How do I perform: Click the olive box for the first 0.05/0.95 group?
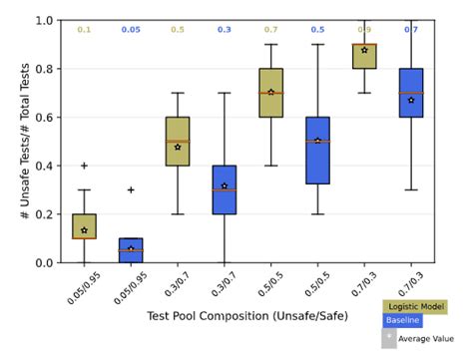pyautogui.click(x=84, y=226)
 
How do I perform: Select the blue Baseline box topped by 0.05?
pyautogui.click(x=131, y=249)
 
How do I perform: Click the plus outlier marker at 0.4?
pyautogui.click(x=84, y=166)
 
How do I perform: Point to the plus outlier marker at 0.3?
pyautogui.click(x=131, y=189)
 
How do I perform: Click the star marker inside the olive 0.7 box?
pyautogui.click(x=270, y=93)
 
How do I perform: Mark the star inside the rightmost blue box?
pyautogui.click(x=411, y=100)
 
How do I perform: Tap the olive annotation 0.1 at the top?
pyautogui.click(x=84, y=30)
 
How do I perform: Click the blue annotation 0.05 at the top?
pyautogui.click(x=131, y=30)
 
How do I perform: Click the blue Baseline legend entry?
pyautogui.click(x=403, y=321)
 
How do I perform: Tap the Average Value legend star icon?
pyautogui.click(x=390, y=337)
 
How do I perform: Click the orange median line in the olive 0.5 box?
pyautogui.click(x=270, y=93)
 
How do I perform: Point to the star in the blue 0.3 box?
pyautogui.click(x=225, y=185)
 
